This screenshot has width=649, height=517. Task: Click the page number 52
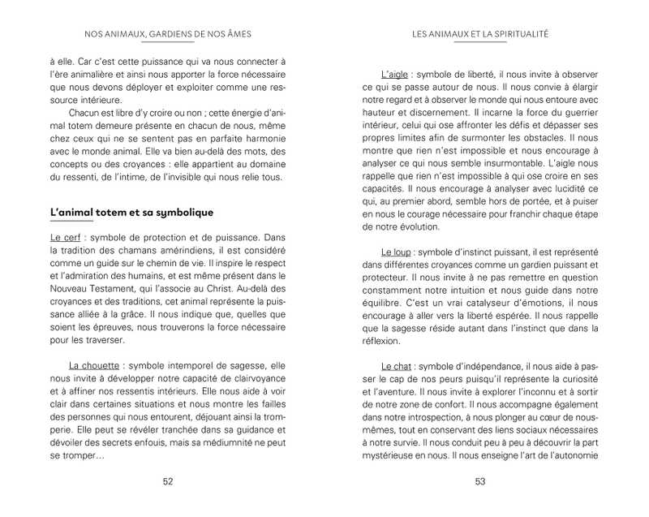[x=168, y=481]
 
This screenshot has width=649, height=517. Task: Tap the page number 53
[x=480, y=481]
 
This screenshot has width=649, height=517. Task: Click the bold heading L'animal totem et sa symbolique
[x=131, y=213]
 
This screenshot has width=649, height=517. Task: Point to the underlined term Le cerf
[x=64, y=238]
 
